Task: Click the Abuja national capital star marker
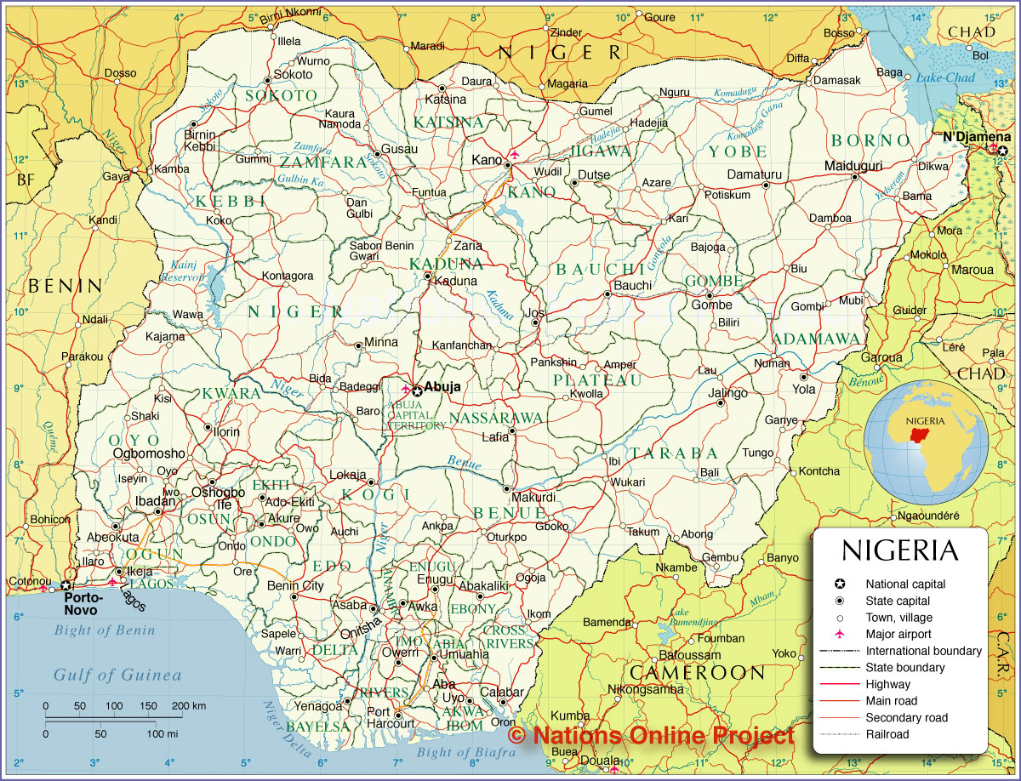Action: [x=417, y=391]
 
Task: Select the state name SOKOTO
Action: [x=281, y=96]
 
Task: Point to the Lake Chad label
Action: [x=945, y=77]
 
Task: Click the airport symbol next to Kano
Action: [x=512, y=155]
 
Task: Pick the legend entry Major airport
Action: [x=898, y=634]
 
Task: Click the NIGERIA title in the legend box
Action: [x=900, y=550]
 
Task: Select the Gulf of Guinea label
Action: [x=117, y=676]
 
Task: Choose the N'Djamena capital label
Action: [x=976, y=136]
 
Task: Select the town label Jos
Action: [x=533, y=312]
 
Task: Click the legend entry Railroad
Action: [x=887, y=734]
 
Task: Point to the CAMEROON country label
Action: [x=698, y=673]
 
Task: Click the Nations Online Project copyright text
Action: [x=651, y=736]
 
